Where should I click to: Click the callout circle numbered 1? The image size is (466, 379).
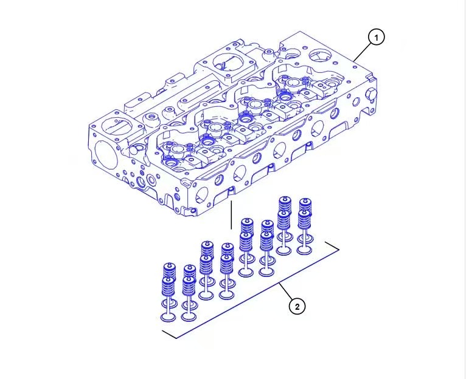pyautogui.click(x=376, y=38)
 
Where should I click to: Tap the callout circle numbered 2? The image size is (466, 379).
pyautogui.click(x=296, y=307)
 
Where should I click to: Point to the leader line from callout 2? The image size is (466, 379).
pyautogui.click(x=287, y=293)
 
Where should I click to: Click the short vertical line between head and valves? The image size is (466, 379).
pyautogui.click(x=231, y=215)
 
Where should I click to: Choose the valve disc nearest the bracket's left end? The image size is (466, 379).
pyautogui.click(x=169, y=316)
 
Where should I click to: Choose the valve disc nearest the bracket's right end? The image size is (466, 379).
pyautogui.click(x=304, y=249)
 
